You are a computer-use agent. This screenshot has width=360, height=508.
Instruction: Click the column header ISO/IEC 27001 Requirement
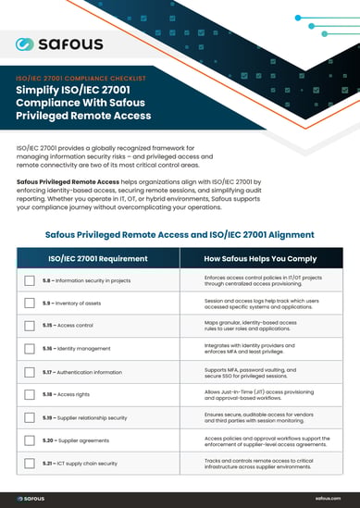98,260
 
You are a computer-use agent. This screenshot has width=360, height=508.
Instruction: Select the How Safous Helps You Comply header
262,260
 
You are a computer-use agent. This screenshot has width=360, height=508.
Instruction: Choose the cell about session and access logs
262,304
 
